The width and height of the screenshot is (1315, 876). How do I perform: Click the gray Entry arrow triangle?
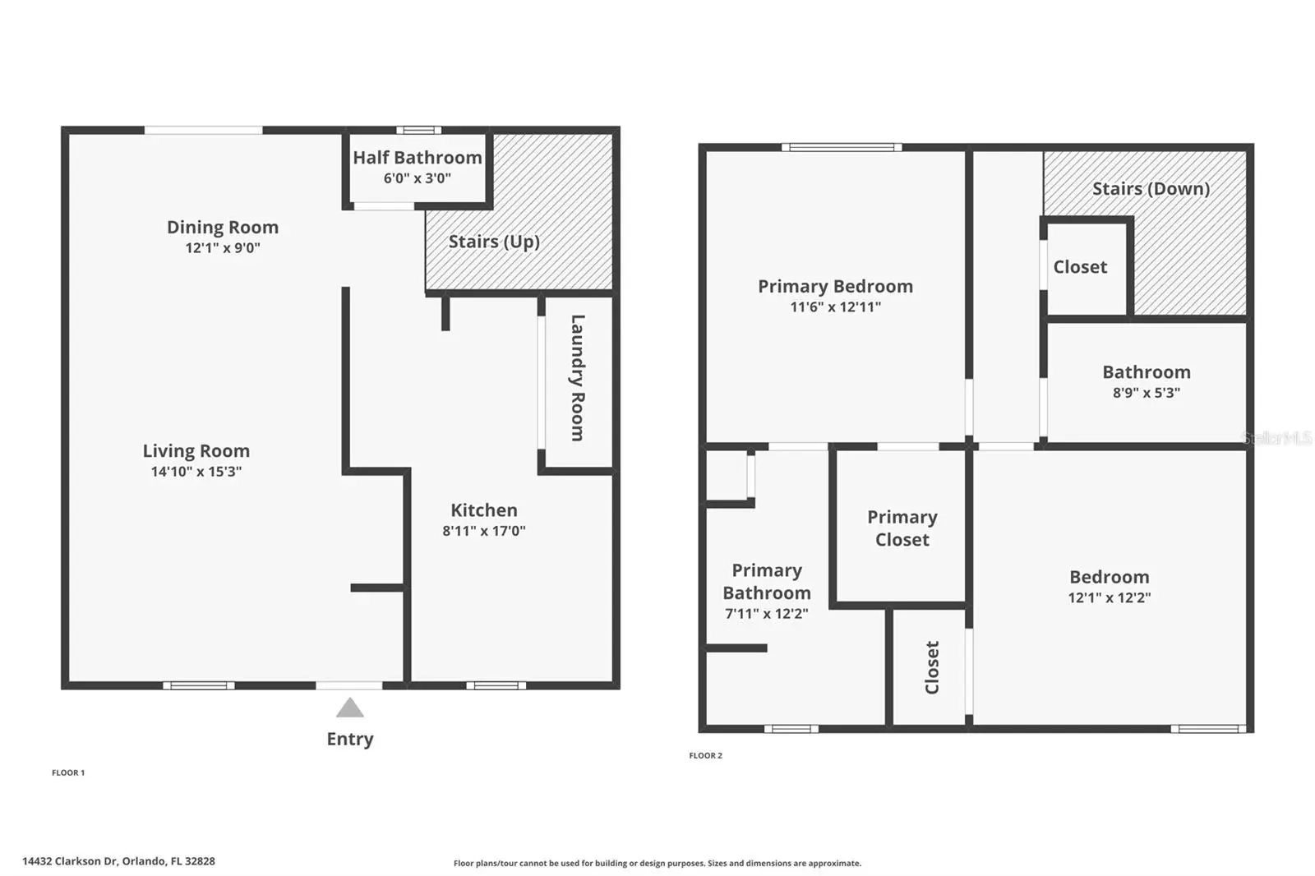click(x=350, y=708)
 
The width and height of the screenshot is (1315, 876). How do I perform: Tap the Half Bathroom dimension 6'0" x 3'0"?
click(x=418, y=178)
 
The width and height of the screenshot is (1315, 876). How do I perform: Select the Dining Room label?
click(x=223, y=228)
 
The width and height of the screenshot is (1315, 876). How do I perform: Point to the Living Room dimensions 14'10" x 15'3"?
click(x=196, y=472)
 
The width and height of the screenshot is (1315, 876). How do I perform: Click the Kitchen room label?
click(x=484, y=509)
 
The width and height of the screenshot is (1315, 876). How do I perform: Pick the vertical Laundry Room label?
click(x=578, y=378)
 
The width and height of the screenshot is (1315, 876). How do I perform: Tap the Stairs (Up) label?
click(x=494, y=242)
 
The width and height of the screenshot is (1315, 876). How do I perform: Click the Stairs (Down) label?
click(x=1151, y=188)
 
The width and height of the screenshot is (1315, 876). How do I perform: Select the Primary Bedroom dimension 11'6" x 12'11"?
click(x=835, y=307)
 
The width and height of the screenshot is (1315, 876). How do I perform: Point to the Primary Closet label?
click(x=902, y=528)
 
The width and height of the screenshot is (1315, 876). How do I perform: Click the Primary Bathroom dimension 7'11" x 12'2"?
click(x=767, y=614)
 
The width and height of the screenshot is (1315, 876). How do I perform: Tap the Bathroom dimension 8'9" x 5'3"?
click(x=1147, y=392)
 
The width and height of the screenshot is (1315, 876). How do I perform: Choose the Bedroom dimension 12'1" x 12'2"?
click(x=1110, y=597)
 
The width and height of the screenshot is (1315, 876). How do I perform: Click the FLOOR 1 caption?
click(x=68, y=772)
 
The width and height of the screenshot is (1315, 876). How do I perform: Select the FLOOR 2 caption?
click(x=706, y=756)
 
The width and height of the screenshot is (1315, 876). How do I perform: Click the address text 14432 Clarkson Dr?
click(x=69, y=861)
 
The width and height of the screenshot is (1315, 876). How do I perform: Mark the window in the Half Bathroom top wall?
click(x=418, y=131)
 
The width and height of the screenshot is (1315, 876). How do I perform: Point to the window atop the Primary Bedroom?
click(x=842, y=147)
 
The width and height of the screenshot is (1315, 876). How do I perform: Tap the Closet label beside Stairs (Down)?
click(x=1080, y=267)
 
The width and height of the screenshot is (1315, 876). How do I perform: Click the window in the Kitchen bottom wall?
click(x=496, y=685)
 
